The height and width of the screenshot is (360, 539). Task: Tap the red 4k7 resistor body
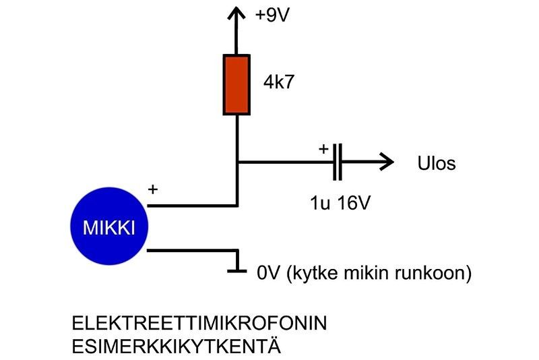[x=237, y=85]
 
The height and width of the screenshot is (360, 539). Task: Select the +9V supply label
[x=272, y=16]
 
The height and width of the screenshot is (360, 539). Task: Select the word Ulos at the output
[x=437, y=163]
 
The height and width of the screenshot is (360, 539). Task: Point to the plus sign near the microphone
[x=153, y=190]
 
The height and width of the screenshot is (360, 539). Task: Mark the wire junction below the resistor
[x=237, y=162]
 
